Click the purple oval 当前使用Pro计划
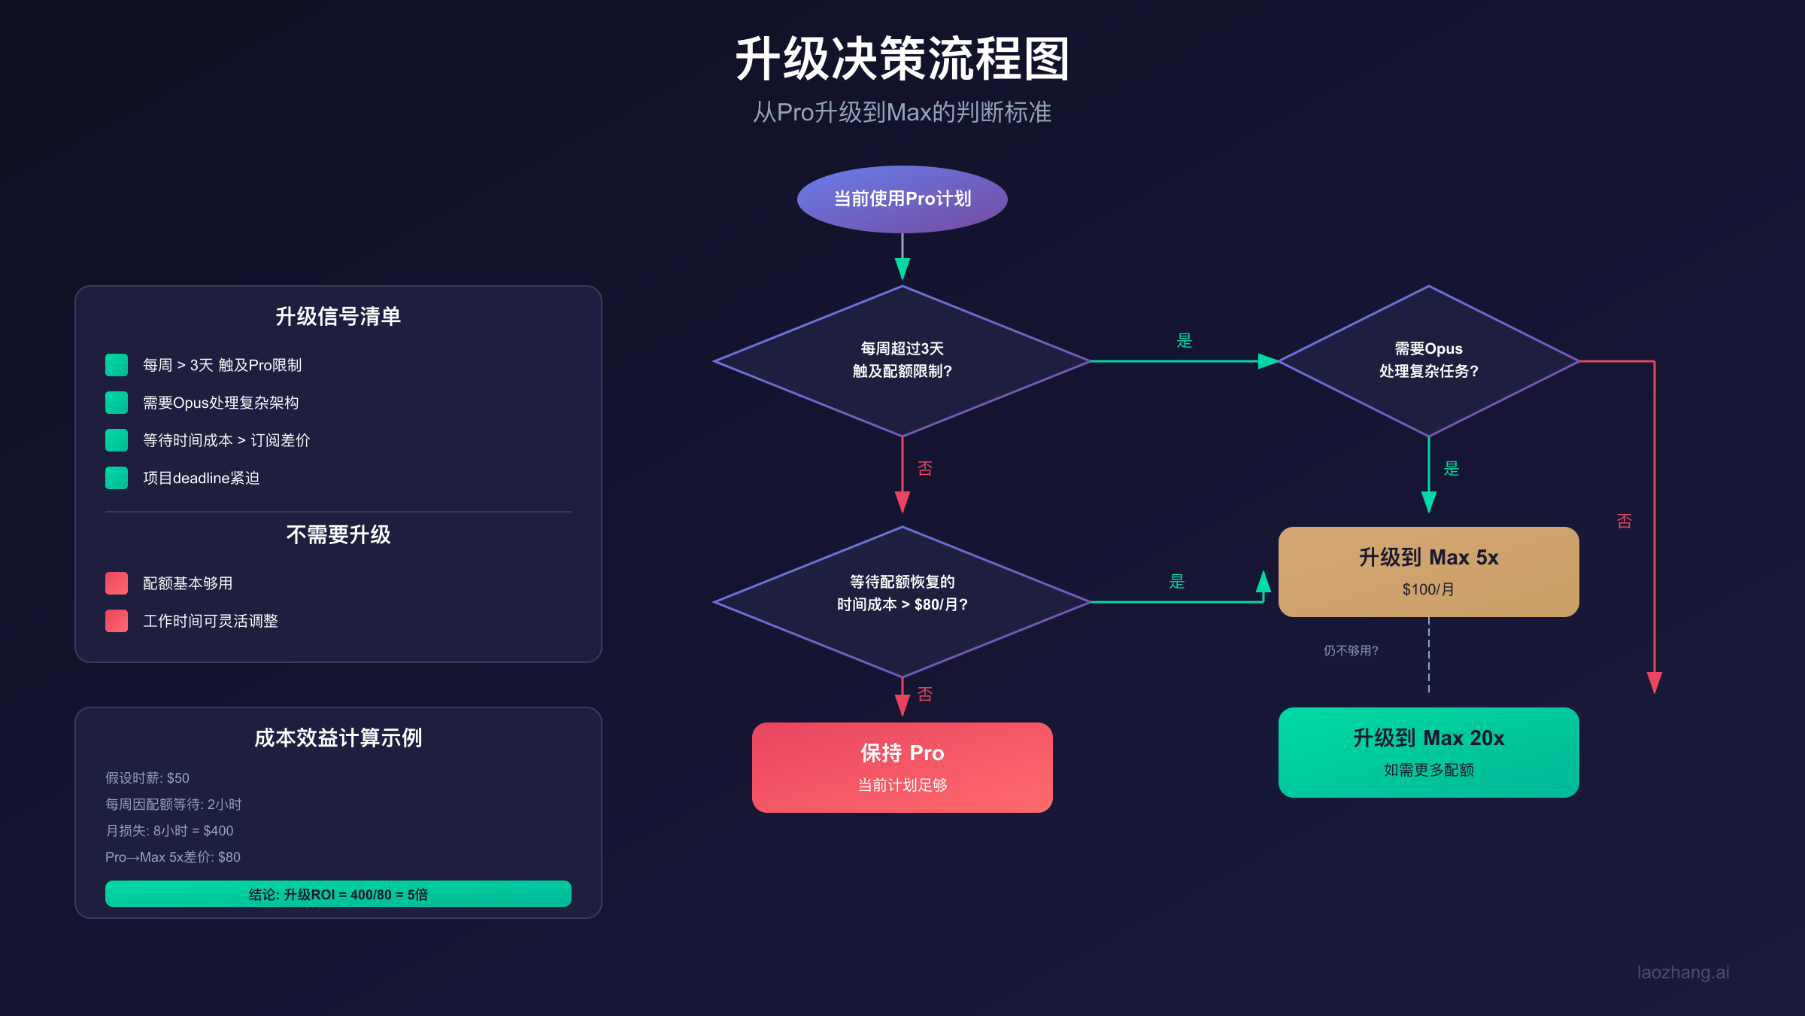(x=902, y=199)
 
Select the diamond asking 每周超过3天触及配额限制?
(x=902, y=360)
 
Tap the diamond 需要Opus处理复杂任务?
(x=1428, y=360)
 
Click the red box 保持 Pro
(x=902, y=767)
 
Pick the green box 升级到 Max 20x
(x=1428, y=752)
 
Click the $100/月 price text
(x=1428, y=589)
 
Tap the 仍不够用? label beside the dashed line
(x=1351, y=650)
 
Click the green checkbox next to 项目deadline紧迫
(x=117, y=478)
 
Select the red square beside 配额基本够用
(x=117, y=583)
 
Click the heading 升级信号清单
(x=338, y=316)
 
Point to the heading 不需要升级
(x=338, y=534)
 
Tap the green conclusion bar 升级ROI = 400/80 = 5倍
(x=338, y=894)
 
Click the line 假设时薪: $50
(x=147, y=778)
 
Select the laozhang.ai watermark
(x=1682, y=972)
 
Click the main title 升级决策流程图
(x=902, y=59)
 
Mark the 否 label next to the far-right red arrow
(x=1624, y=521)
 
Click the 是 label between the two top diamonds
(x=1184, y=341)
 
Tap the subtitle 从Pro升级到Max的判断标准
(x=902, y=112)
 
